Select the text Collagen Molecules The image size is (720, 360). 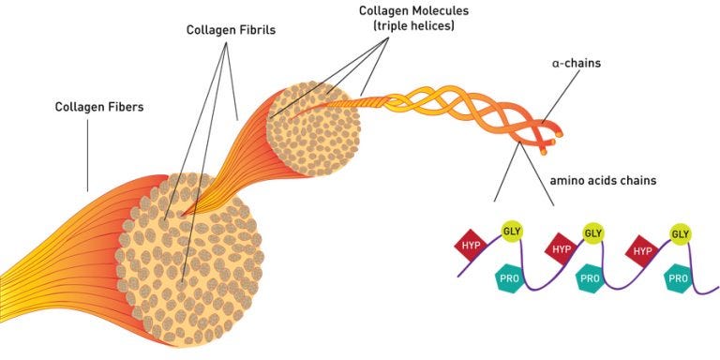click(412, 10)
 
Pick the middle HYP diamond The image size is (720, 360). click(561, 248)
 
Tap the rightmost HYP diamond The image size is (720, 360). click(642, 249)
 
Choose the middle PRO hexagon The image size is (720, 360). click(590, 278)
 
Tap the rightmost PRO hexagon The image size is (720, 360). click(677, 278)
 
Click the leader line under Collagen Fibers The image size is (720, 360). click(89, 155)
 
